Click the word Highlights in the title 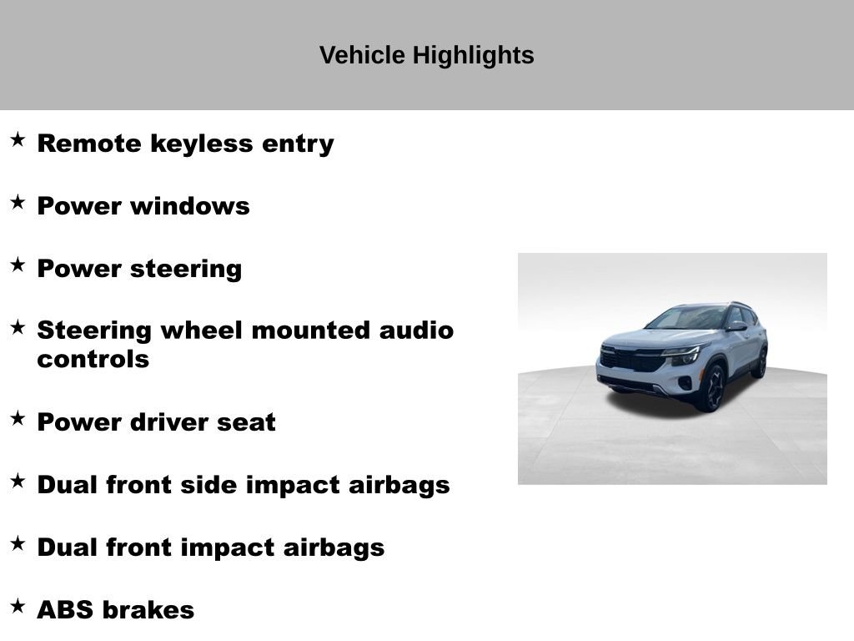(474, 56)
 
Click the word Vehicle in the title (362, 55)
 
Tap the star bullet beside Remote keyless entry (18, 139)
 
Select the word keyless (202, 144)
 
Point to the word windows (190, 206)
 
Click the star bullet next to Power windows (18, 202)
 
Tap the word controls (93, 359)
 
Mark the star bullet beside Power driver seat (18, 419)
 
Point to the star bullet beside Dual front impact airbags (18, 543)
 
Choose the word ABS (65, 610)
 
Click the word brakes (148, 610)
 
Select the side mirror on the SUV (736, 326)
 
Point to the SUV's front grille (633, 360)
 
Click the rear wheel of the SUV (761, 362)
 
